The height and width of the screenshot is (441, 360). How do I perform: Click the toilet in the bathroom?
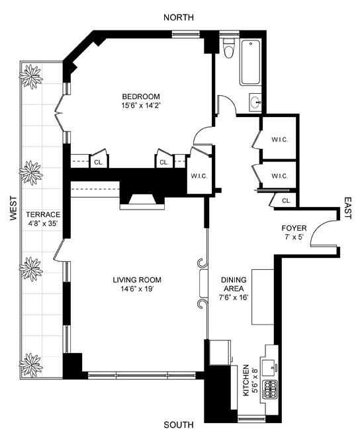tap(228, 48)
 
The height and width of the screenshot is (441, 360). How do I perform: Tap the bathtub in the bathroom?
tap(250, 62)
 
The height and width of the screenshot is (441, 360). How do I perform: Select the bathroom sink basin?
tap(255, 102)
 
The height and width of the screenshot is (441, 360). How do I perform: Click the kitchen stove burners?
tap(270, 389)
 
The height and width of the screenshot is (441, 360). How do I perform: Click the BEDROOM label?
tap(141, 97)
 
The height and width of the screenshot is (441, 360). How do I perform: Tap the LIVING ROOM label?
tap(137, 280)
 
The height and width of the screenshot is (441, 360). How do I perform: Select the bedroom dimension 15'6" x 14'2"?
tap(142, 106)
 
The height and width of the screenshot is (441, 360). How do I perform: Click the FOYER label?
tap(294, 228)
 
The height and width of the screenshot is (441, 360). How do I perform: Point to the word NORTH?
tap(179, 17)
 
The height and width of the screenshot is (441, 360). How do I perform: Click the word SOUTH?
tap(179, 424)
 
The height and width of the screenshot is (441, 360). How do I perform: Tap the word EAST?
tap(348, 208)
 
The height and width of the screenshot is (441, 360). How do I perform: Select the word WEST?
tap(13, 208)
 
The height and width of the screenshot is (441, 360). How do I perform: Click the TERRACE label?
tap(43, 215)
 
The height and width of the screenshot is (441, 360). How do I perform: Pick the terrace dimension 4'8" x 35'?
tap(43, 224)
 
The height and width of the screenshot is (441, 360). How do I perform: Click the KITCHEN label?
tap(246, 380)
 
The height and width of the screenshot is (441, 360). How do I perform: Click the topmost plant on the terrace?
tap(30, 77)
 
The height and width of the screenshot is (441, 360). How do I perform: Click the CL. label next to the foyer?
tap(287, 201)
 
